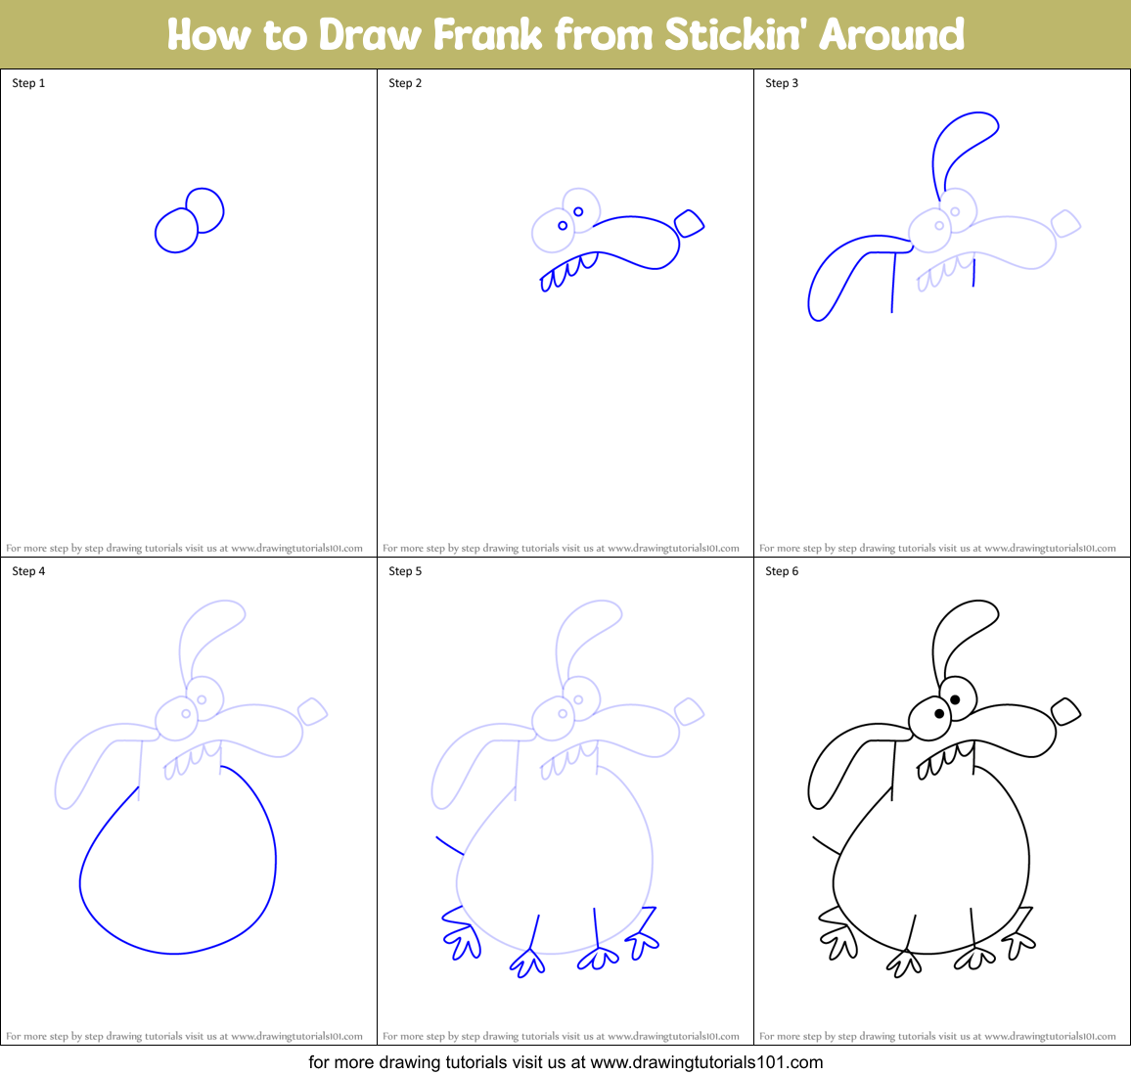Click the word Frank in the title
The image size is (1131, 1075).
tap(487, 35)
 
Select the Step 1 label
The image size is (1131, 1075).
tap(28, 83)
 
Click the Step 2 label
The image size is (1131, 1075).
tap(405, 83)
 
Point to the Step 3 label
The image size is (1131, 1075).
tap(782, 83)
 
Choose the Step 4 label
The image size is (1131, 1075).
tap(28, 571)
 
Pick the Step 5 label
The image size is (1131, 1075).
tap(405, 571)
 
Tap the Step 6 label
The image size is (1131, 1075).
tap(782, 571)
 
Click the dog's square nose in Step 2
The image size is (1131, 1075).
tap(690, 223)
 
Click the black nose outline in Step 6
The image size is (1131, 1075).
tap(1065, 711)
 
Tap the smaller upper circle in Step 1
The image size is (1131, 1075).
tap(205, 208)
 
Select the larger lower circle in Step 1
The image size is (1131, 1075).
tap(176, 232)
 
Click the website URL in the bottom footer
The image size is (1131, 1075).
tap(707, 1062)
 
